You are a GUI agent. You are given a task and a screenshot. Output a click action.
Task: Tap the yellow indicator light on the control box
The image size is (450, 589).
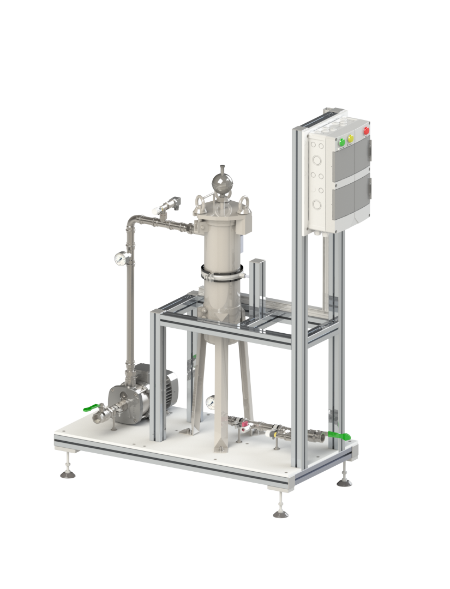[350, 139]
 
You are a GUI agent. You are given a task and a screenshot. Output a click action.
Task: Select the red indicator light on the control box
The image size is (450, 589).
[366, 131]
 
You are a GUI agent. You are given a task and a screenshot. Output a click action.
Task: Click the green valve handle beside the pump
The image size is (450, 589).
[92, 407]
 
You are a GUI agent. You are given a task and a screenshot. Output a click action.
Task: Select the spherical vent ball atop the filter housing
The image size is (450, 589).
[221, 182]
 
